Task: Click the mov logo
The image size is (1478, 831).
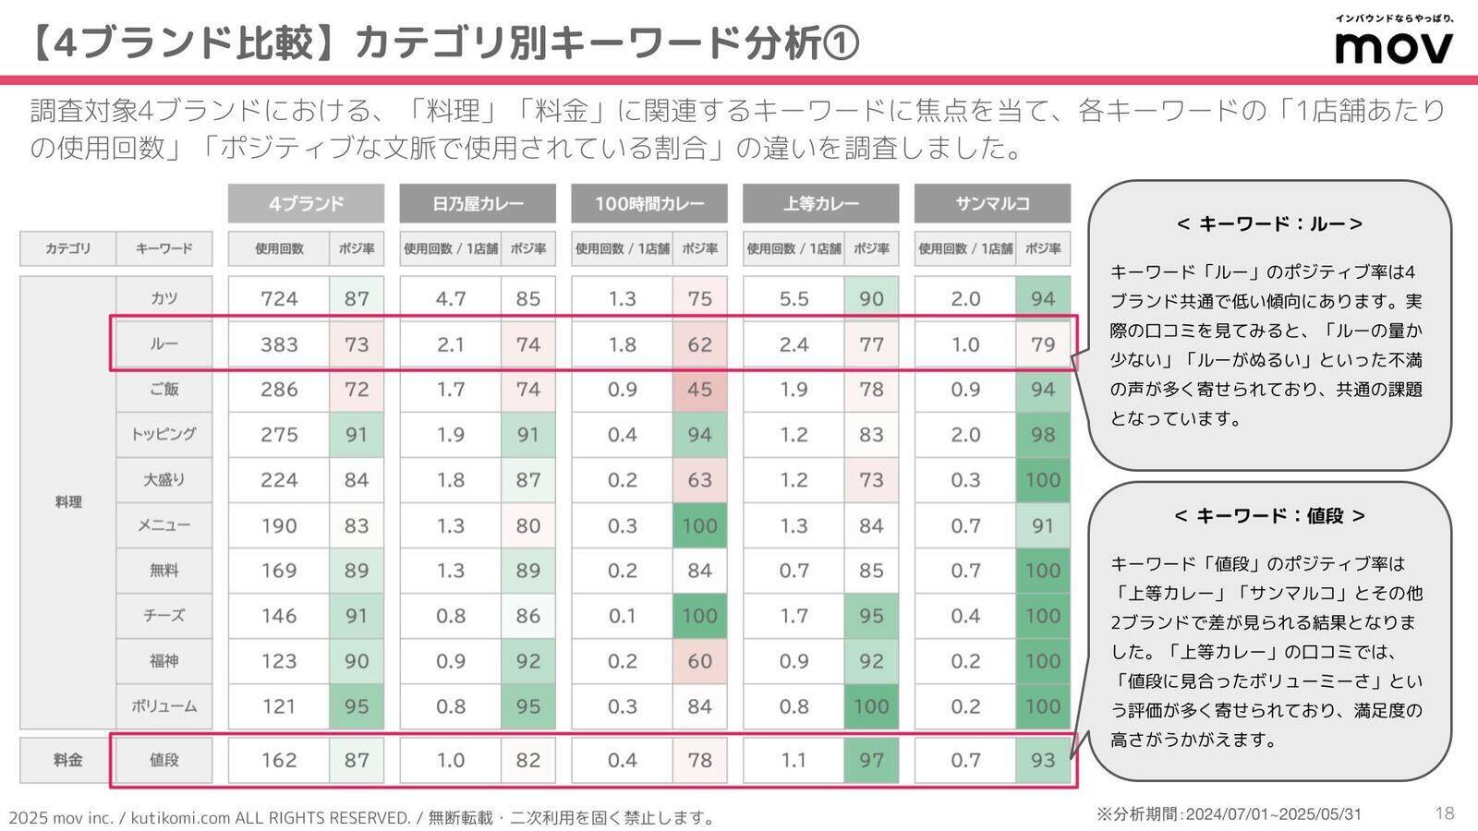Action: pyautogui.click(x=1394, y=46)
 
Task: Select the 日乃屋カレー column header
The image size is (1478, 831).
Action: pyautogui.click(x=478, y=203)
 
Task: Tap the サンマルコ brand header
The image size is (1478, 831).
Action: pyautogui.click(x=992, y=203)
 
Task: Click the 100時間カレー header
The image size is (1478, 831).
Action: pyautogui.click(x=648, y=203)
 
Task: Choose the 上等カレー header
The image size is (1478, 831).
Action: pyautogui.click(x=820, y=203)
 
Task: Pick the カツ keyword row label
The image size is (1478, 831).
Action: pyautogui.click(x=164, y=298)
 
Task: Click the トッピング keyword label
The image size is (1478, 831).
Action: pyautogui.click(x=164, y=434)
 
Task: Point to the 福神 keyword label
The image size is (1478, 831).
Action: pyautogui.click(x=164, y=661)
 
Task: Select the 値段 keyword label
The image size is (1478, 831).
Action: pyautogui.click(x=164, y=760)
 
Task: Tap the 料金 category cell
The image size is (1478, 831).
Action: pyautogui.click(x=67, y=760)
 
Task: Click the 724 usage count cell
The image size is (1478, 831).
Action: pyautogui.click(x=279, y=298)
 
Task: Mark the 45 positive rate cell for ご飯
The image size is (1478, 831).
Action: pyautogui.click(x=699, y=389)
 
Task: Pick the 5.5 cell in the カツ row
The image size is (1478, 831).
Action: pyautogui.click(x=794, y=298)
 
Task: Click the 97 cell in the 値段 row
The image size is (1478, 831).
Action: pyautogui.click(x=870, y=760)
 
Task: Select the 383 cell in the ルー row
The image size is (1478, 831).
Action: pyautogui.click(x=279, y=344)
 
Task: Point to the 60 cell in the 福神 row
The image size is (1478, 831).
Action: pyautogui.click(x=699, y=661)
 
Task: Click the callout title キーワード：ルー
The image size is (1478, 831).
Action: pyautogui.click(x=1269, y=223)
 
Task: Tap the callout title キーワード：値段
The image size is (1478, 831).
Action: pyautogui.click(x=1269, y=515)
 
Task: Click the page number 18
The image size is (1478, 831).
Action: pyautogui.click(x=1445, y=813)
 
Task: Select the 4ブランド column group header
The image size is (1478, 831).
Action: pyautogui.click(x=306, y=203)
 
